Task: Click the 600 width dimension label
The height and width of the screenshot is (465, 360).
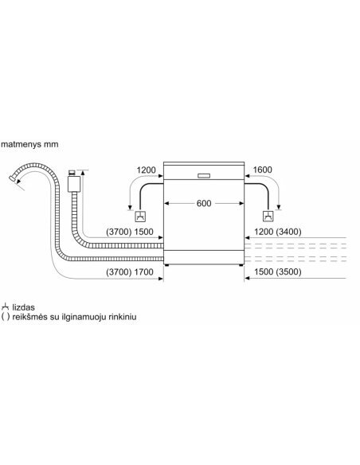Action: tap(204, 203)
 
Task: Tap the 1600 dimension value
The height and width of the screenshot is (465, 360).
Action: tap(262, 170)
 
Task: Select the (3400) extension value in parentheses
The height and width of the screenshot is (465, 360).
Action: tap(288, 232)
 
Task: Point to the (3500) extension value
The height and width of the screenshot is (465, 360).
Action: tap(288, 272)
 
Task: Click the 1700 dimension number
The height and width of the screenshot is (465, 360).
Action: tap(144, 272)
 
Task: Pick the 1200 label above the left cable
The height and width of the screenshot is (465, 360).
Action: tap(146, 170)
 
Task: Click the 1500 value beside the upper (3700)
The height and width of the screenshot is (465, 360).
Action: tap(144, 232)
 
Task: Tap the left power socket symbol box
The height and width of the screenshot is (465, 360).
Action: tap(140, 217)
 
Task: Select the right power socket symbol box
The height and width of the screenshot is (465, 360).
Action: tap(268, 217)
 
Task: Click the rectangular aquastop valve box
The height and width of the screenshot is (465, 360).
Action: tap(74, 184)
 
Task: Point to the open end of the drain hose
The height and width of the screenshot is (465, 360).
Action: tap(13, 179)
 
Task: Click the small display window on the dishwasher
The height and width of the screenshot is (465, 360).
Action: tap(204, 175)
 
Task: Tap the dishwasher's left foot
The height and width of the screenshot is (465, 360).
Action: tap(167, 265)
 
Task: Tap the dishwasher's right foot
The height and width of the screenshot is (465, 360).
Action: tap(241, 265)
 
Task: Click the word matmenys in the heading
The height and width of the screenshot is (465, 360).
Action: tap(21, 145)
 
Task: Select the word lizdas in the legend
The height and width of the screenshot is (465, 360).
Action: tap(23, 307)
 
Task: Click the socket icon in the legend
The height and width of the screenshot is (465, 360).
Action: tap(5, 307)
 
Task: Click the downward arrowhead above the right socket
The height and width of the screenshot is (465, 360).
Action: tap(279, 207)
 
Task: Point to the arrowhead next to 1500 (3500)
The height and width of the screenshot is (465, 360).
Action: tap(247, 278)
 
